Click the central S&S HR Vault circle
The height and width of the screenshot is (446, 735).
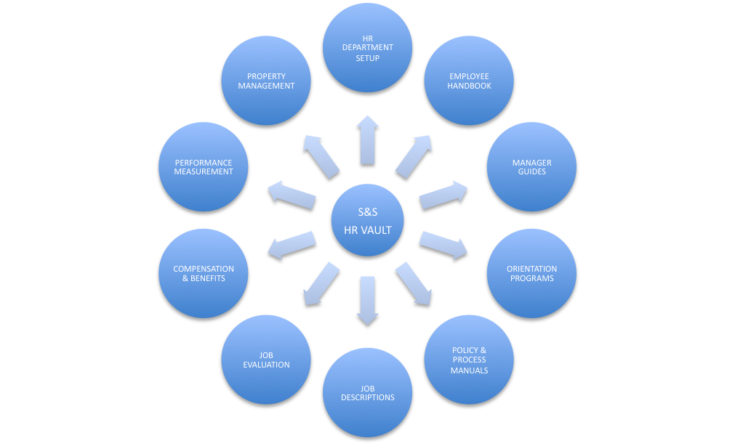coord(367,221)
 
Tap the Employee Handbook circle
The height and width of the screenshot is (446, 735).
coord(469,81)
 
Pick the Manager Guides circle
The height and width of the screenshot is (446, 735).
coord(531,167)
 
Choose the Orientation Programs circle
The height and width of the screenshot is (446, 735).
coord(531,274)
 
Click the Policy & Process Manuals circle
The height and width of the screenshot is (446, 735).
coord(469,360)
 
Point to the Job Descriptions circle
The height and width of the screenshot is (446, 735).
coord(367,392)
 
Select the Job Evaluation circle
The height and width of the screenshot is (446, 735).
coord(266,360)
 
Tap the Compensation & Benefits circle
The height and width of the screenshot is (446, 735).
coord(204,274)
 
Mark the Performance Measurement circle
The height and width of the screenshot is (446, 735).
coord(204,167)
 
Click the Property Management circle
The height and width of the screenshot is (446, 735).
coord(266,81)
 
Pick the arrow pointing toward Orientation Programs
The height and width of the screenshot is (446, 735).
coord(443,246)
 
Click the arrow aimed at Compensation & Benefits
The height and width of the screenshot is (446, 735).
coord(292,246)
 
